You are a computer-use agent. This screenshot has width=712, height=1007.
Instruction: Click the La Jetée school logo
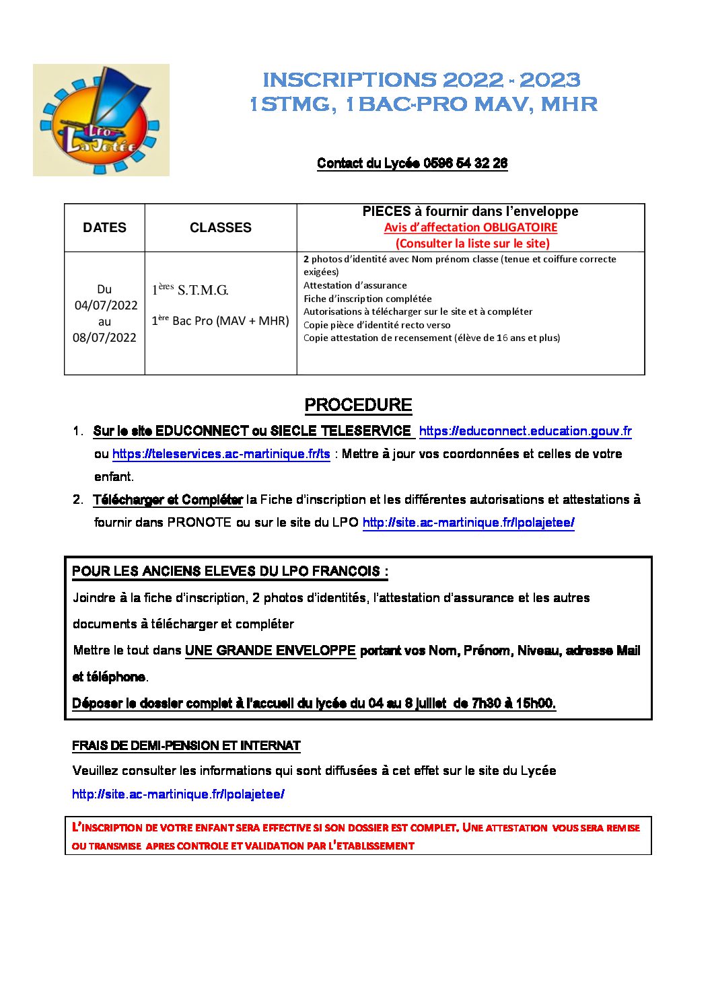101,120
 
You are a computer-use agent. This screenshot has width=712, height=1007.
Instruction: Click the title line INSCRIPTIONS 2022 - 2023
421,80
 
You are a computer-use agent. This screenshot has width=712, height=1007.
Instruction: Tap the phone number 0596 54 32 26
466,163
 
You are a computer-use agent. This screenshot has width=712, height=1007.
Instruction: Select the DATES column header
104,228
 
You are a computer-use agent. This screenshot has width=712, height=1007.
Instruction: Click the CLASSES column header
220,228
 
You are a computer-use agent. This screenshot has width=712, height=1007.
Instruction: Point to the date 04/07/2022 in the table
106,305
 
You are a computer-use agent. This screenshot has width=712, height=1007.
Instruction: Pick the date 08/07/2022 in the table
104,338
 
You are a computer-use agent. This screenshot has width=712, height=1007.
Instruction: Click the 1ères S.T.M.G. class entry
190,290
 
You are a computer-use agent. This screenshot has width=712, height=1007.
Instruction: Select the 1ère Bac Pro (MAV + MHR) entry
220,321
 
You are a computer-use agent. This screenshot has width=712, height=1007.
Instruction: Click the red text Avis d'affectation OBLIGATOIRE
470,227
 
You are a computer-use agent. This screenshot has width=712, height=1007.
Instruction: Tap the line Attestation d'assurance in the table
355,285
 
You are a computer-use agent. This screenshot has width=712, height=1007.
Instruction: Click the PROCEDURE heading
358,405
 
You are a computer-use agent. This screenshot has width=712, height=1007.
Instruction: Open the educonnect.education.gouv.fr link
525,431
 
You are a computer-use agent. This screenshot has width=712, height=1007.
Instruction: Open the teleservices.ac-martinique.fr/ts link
221,454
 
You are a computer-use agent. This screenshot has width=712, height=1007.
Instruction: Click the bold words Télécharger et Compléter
168,500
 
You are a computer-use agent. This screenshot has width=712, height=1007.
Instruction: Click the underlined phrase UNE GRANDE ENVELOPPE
270,650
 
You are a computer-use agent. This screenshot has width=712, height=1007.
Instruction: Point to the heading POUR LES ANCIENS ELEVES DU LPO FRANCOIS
229,572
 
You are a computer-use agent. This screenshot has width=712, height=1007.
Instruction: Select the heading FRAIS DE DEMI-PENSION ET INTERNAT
186,745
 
